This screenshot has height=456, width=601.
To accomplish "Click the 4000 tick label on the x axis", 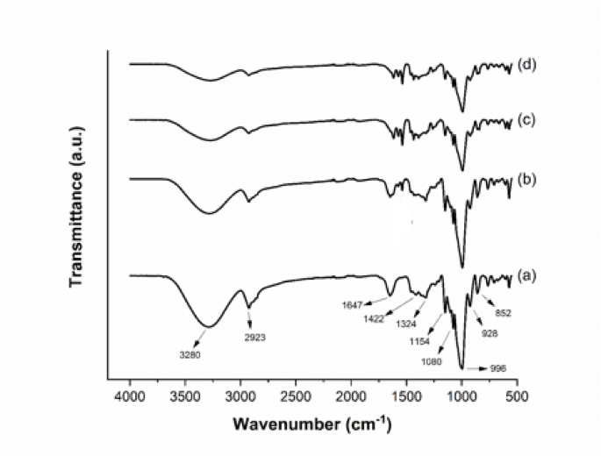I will coord(130,396).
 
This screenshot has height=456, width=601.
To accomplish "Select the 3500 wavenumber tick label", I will coord(185,396).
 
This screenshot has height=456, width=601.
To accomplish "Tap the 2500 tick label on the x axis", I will coord(296,396).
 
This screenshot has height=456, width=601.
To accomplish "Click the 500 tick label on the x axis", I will coord(517,396).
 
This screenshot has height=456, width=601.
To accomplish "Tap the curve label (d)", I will coord(526,64).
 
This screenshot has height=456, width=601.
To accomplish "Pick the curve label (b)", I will coord(526,179).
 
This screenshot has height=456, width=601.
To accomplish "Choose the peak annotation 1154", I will coord(418,341).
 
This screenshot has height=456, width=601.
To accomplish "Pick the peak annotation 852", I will coord(503,312).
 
